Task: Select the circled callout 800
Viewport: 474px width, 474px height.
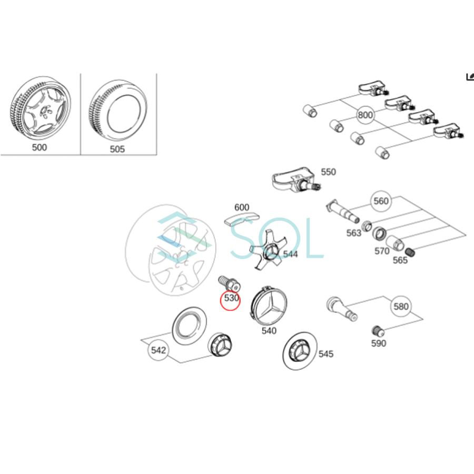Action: tap(364, 115)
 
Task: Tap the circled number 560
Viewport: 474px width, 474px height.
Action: tap(381, 201)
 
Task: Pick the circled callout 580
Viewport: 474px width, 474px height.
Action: tap(401, 306)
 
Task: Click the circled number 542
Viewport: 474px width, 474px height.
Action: tap(159, 350)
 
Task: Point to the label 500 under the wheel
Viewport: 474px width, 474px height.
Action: tap(39, 147)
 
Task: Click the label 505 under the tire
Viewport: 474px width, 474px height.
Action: tap(117, 149)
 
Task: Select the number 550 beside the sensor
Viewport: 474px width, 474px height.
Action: tap(328, 172)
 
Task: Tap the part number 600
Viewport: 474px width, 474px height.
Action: tap(242, 208)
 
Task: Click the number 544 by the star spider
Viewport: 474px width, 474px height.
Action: tap(290, 254)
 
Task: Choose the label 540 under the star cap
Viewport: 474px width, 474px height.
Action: tap(269, 331)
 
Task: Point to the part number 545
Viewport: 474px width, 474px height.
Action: tap(326, 354)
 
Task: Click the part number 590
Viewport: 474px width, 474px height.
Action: tap(378, 343)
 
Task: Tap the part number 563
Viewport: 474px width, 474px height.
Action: tap(354, 233)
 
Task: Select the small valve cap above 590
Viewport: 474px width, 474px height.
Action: tap(377, 331)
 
